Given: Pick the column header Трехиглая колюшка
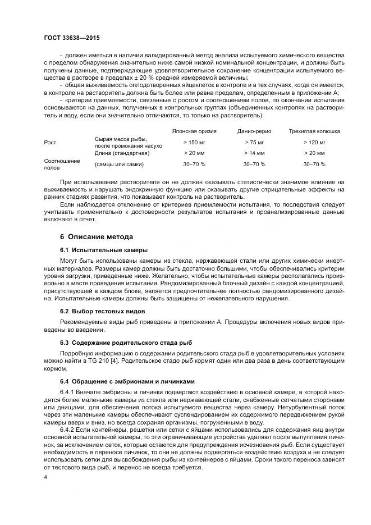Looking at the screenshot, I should [x=314, y=131].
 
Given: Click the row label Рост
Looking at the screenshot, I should [x=50, y=142].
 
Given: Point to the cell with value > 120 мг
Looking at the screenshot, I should [x=314, y=142].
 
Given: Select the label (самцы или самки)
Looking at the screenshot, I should [x=119, y=164].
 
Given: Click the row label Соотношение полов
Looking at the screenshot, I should [x=62, y=164].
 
